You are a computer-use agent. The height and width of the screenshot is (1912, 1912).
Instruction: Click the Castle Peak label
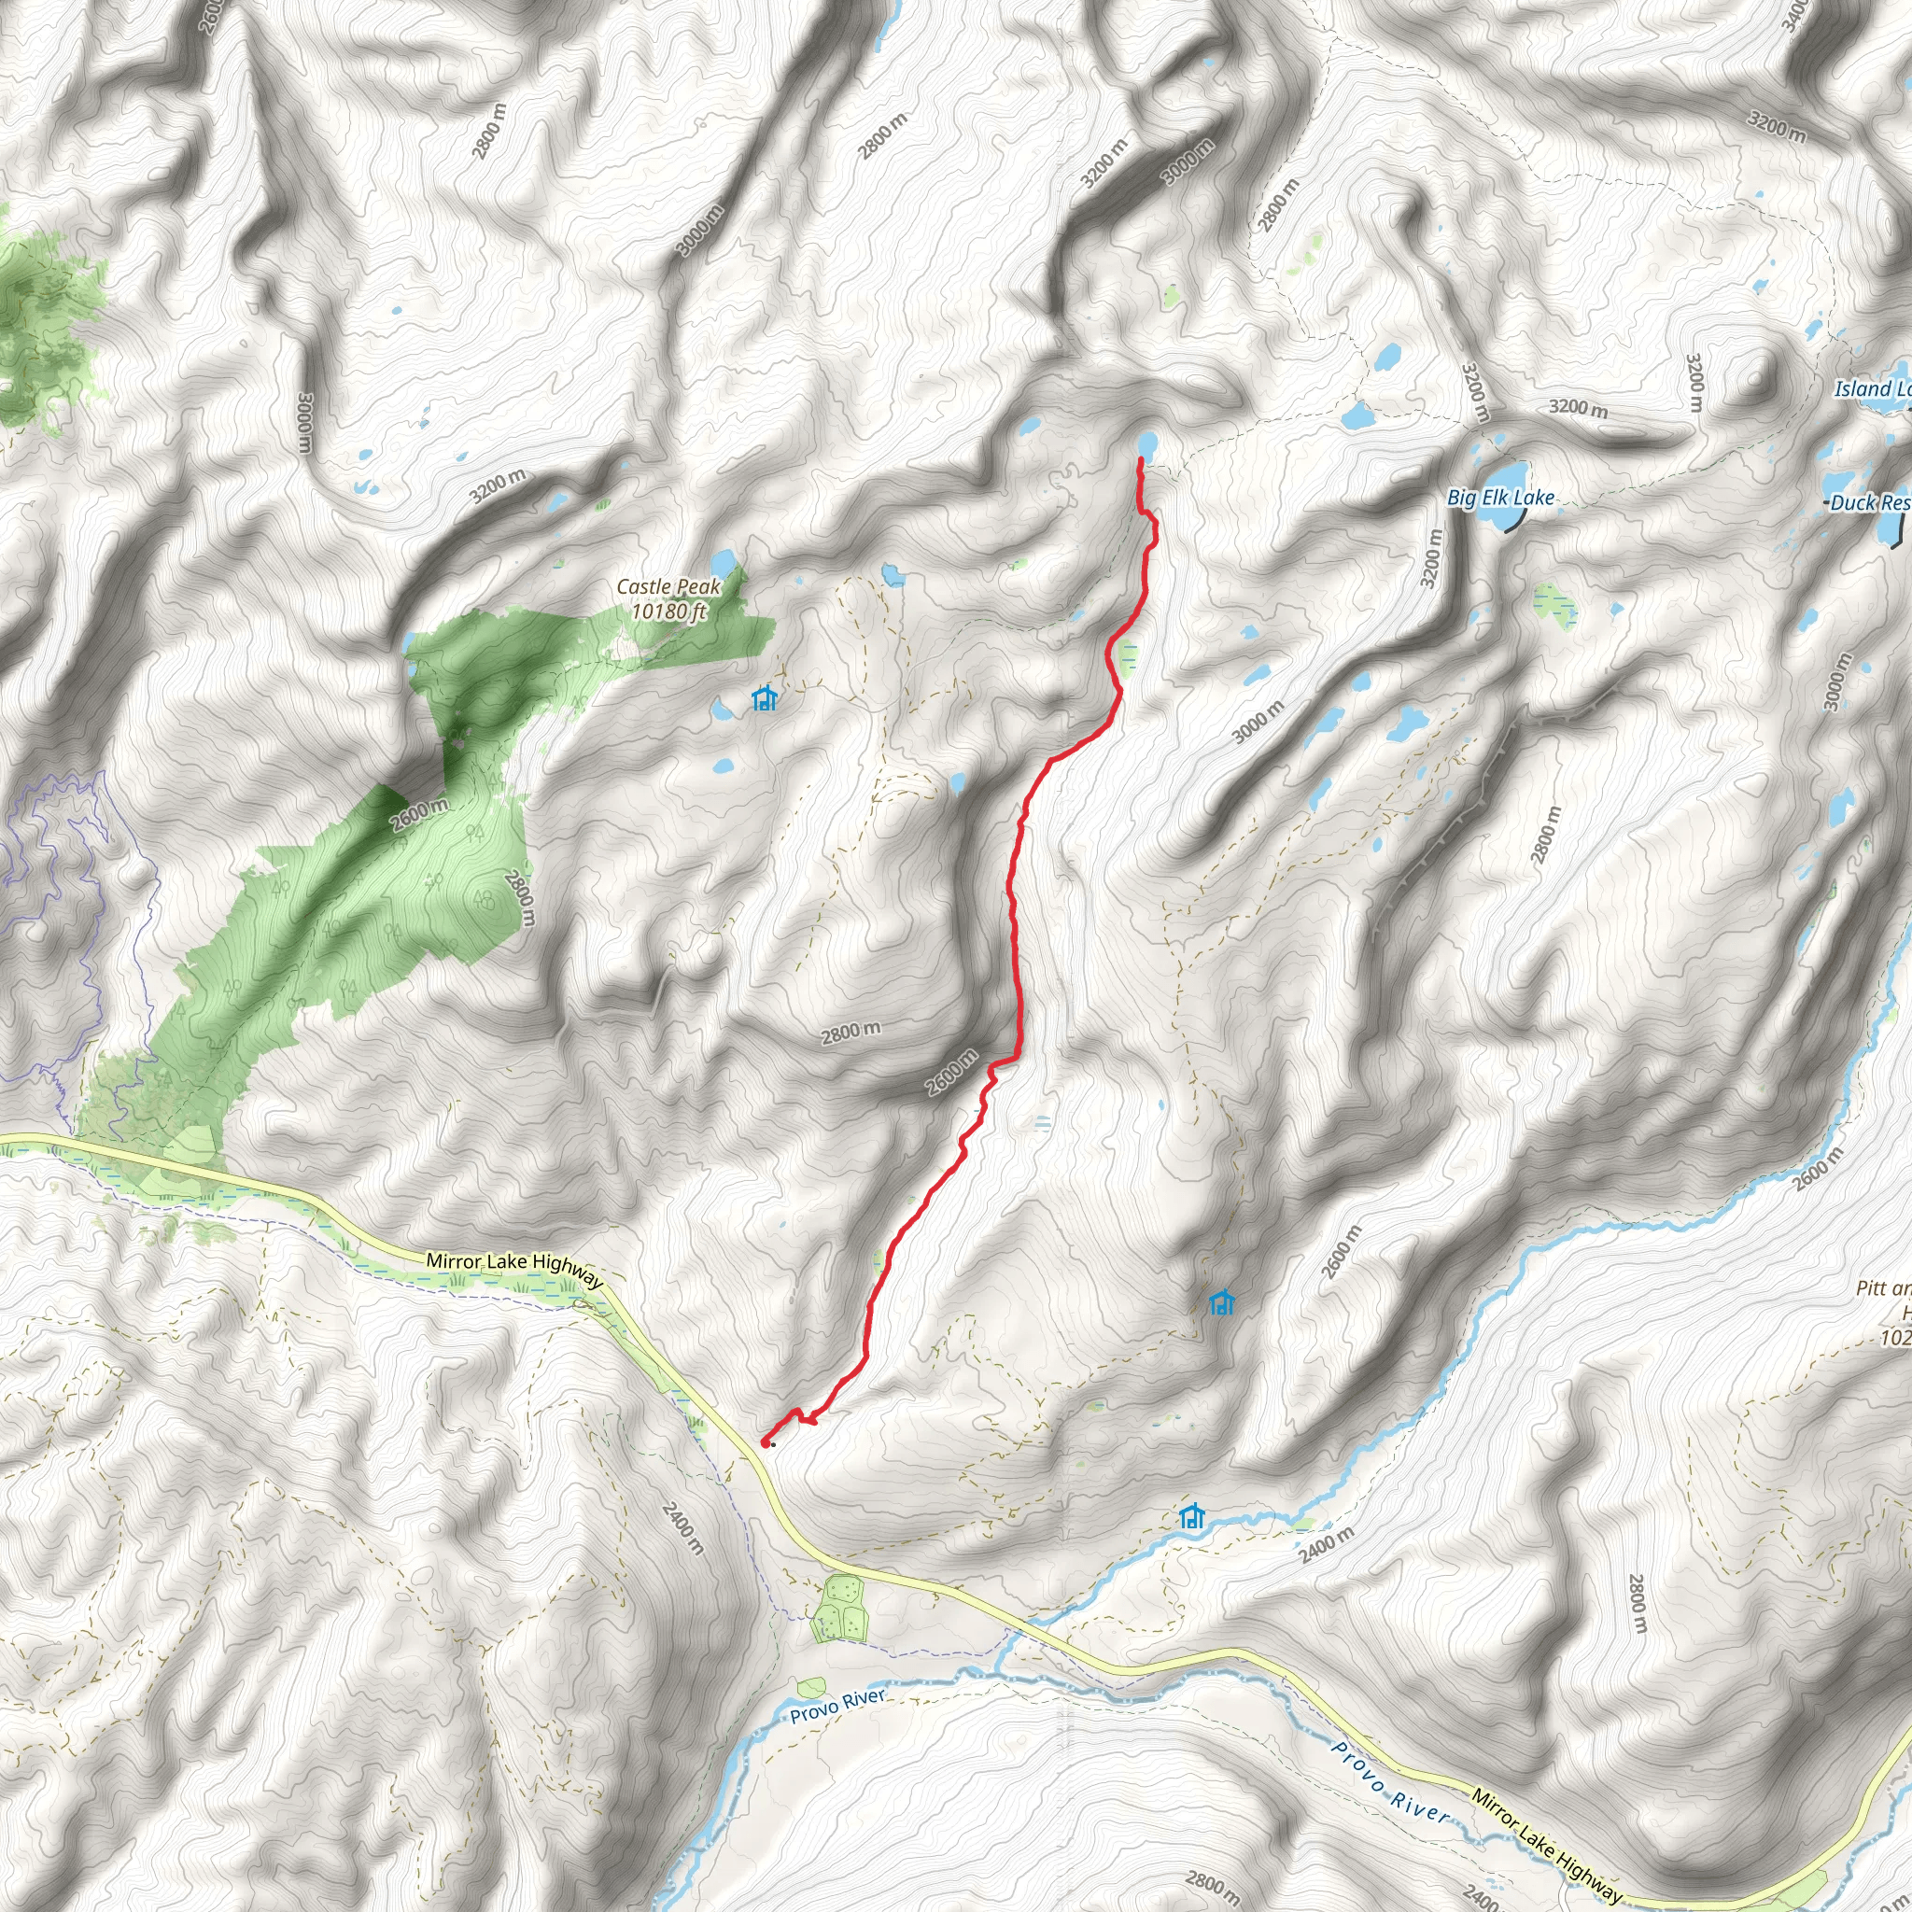point(668,587)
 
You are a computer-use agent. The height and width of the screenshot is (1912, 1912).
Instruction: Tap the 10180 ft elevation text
point(668,611)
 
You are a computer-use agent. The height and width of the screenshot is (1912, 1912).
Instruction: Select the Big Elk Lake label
point(1500,498)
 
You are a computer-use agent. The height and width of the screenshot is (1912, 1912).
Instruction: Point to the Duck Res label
point(1869,503)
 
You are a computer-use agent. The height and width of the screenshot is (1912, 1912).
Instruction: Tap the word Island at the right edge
point(1863,389)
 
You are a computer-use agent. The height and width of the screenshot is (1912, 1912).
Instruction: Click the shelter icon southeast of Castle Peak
point(764,698)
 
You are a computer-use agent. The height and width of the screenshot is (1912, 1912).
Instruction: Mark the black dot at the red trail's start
point(772,1444)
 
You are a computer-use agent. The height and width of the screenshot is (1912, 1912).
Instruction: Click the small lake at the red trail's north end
point(1147,443)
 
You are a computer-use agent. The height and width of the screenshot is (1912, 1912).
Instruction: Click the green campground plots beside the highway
point(837,1611)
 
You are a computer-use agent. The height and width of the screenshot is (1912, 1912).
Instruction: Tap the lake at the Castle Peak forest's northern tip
point(721,563)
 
